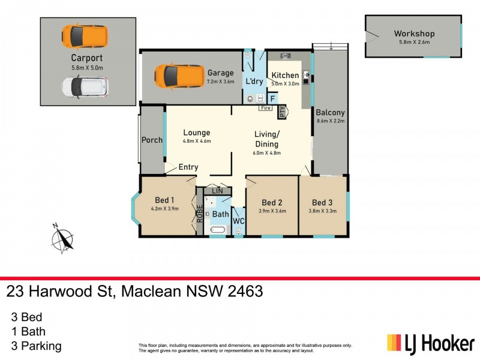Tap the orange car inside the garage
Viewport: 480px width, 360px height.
(x=178, y=76)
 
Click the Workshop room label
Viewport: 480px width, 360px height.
(x=414, y=34)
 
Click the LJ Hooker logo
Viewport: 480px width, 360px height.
(x=431, y=344)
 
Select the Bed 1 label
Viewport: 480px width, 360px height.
(x=164, y=200)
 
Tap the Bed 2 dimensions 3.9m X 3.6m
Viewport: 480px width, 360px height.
(x=272, y=211)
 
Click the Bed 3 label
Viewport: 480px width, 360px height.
(x=322, y=202)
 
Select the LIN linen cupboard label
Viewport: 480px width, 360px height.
(x=217, y=191)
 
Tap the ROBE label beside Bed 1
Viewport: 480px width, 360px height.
(x=200, y=214)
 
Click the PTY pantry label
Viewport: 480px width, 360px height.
(x=283, y=112)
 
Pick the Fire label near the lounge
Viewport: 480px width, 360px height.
(x=265, y=109)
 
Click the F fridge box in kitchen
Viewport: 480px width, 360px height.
(x=272, y=98)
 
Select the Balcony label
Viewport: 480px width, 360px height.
(x=331, y=112)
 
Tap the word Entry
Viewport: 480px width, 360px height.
(x=188, y=167)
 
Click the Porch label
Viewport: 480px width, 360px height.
(x=152, y=140)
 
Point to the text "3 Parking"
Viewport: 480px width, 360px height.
(x=36, y=346)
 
